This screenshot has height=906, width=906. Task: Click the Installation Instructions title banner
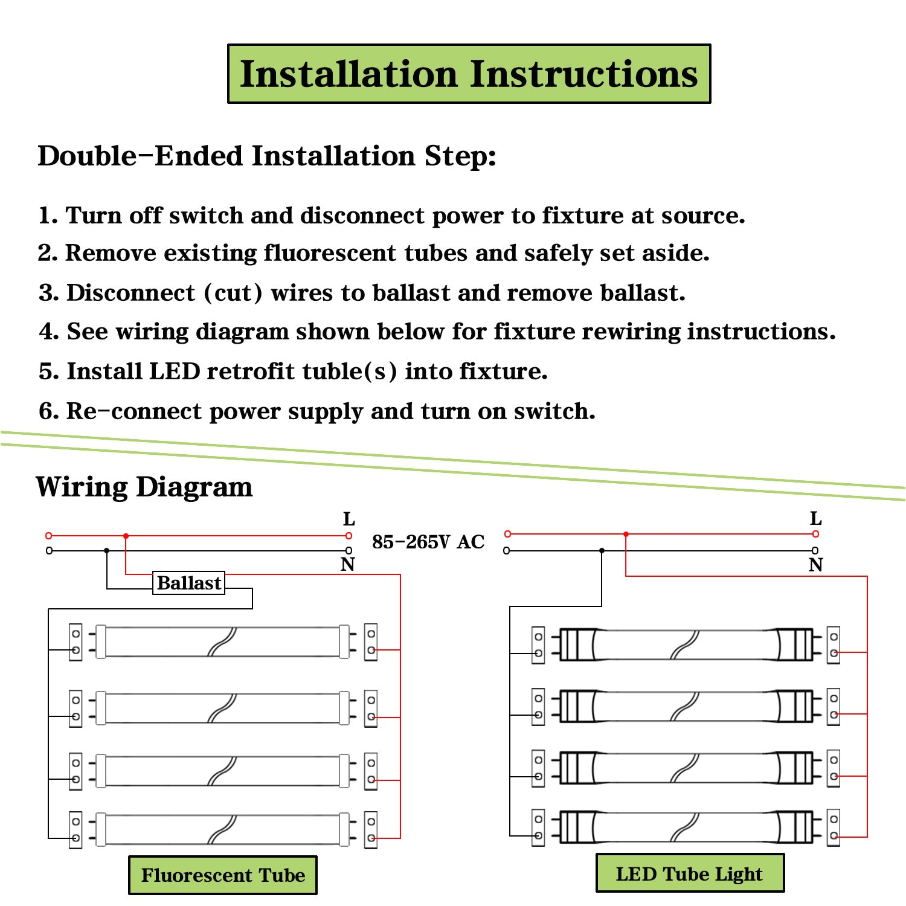(x=469, y=74)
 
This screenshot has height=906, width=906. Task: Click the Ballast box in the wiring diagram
(x=188, y=583)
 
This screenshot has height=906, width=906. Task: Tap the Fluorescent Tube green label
(x=223, y=875)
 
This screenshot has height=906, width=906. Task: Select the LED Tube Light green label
(x=690, y=873)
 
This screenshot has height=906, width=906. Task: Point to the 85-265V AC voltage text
(x=428, y=542)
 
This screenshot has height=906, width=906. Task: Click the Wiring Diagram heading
(x=144, y=486)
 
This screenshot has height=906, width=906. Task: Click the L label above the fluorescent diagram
(x=349, y=519)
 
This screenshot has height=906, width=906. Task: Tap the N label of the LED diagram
(x=815, y=565)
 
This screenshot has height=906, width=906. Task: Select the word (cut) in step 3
(x=233, y=293)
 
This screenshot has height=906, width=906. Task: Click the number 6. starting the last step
(x=48, y=411)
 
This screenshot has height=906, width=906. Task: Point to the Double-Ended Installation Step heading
(x=266, y=156)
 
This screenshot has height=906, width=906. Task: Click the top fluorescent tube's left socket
(x=75, y=642)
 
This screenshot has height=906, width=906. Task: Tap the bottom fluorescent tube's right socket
(x=371, y=829)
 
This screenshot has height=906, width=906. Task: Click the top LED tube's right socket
(x=834, y=645)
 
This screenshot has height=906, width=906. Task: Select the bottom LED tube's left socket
(x=538, y=827)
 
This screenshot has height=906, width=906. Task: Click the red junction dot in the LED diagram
(x=626, y=535)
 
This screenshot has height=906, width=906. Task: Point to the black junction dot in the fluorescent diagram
(x=107, y=551)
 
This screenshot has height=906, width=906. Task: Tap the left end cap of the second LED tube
(x=577, y=706)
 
